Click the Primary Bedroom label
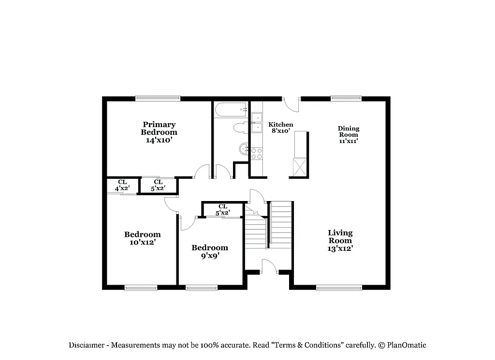point(159,132)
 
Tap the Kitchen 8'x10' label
point(280,128)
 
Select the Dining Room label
point(348,135)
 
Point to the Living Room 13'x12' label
point(340,240)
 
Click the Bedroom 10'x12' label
point(142,238)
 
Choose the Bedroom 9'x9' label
point(209,251)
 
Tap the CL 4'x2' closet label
point(122,185)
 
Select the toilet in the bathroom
point(239,128)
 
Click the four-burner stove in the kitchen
point(257,154)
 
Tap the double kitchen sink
point(256,123)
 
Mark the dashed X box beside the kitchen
point(300,167)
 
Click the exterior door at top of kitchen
point(291,103)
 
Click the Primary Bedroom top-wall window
point(158,98)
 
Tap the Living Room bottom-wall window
point(339,288)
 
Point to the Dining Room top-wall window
point(346,98)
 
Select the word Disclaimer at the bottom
point(88,345)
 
